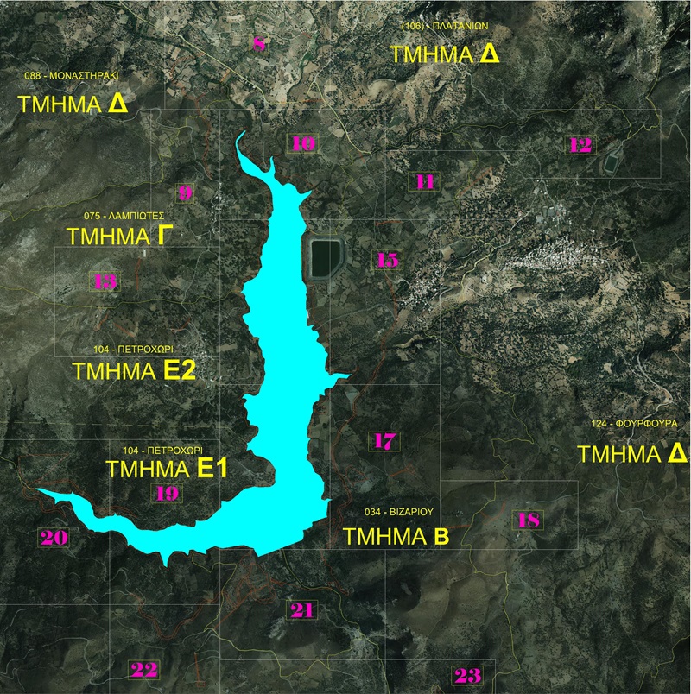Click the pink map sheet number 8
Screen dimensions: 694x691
(x=259, y=44)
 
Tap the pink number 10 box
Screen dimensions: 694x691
(x=303, y=144)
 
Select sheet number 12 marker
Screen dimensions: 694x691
(x=580, y=145)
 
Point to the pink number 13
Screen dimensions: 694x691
(x=105, y=281)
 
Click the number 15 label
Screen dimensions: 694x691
(x=387, y=260)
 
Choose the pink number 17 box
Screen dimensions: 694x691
(x=384, y=441)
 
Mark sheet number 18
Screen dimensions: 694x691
(x=529, y=520)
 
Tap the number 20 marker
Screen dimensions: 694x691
(x=54, y=538)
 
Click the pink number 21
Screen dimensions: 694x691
(x=302, y=610)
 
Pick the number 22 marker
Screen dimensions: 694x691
(x=143, y=669)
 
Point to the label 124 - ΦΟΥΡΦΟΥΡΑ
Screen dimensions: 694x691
(x=635, y=425)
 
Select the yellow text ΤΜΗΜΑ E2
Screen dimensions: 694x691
(x=136, y=371)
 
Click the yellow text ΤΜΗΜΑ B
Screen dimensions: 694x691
(x=396, y=536)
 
